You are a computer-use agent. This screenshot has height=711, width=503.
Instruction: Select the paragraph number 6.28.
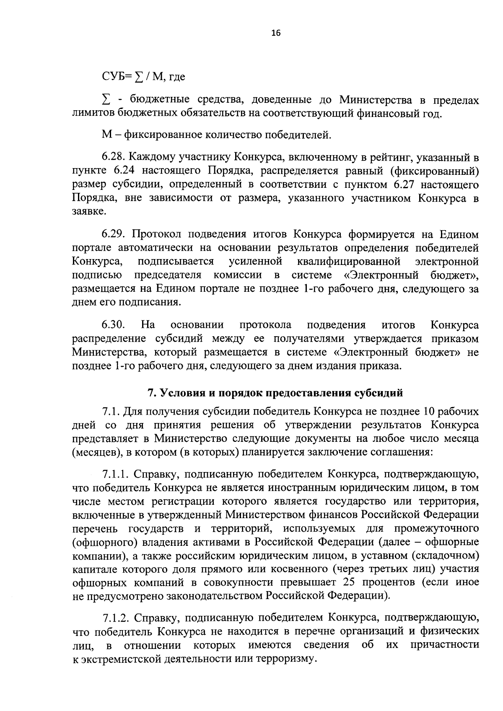point(113,158)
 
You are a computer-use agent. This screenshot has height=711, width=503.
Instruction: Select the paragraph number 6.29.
point(113,234)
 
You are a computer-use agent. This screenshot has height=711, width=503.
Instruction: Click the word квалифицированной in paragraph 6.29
point(348,262)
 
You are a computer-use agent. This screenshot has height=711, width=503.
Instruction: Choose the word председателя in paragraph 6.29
point(168,275)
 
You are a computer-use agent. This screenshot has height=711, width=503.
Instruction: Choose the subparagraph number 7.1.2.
point(116,618)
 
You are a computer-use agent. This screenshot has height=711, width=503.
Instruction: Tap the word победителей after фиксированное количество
point(296,135)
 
